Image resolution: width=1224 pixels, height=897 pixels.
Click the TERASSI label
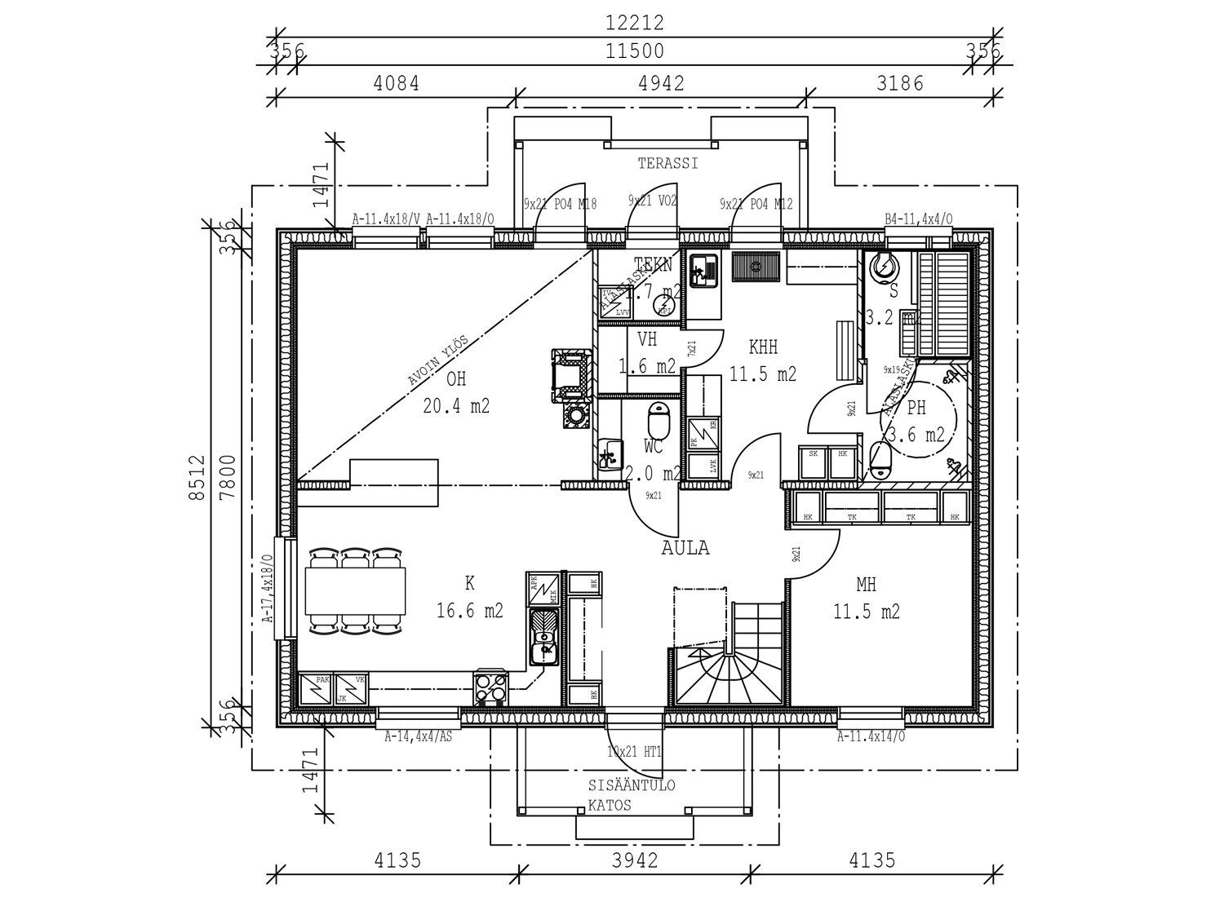(x=667, y=164)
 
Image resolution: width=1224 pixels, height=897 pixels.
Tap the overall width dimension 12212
(x=634, y=23)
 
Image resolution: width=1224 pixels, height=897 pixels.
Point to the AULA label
(x=685, y=549)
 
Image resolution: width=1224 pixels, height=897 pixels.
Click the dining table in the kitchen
(x=355, y=590)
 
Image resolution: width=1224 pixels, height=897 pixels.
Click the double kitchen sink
(x=543, y=639)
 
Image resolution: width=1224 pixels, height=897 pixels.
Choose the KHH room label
(x=763, y=348)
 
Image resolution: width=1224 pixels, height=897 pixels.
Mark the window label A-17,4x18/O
(x=266, y=589)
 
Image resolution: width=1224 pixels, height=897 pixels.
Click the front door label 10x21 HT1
(x=635, y=751)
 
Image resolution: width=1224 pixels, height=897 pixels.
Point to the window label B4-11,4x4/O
(x=918, y=219)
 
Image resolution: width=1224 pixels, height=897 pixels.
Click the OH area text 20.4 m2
(x=456, y=405)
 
